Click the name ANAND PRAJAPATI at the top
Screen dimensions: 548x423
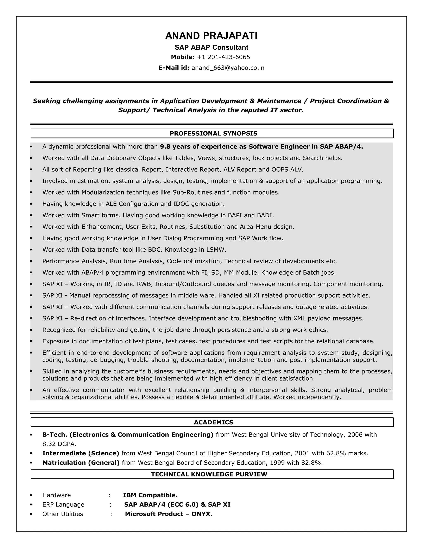coord(211,36)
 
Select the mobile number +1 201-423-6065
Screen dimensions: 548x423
coord(223,57)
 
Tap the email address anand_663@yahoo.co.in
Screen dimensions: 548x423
coord(228,68)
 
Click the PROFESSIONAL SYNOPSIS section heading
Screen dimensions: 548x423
coord(214,134)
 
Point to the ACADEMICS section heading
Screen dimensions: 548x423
coord(214,422)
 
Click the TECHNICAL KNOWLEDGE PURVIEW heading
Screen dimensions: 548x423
coord(209,474)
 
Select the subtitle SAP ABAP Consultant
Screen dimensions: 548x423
coord(211,47)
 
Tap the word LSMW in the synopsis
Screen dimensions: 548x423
coord(216,250)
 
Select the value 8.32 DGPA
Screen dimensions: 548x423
coord(59,444)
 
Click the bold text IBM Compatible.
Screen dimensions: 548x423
coord(150,495)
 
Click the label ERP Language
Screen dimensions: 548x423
coord(63,505)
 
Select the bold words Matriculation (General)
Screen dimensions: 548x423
coord(81,463)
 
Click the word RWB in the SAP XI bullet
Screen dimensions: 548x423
coord(145,284)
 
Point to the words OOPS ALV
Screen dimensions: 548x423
coord(287,170)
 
